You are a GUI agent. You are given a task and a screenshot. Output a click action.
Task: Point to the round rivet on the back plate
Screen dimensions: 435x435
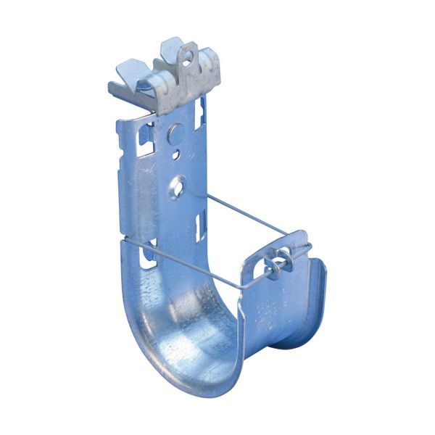tap(174, 133)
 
